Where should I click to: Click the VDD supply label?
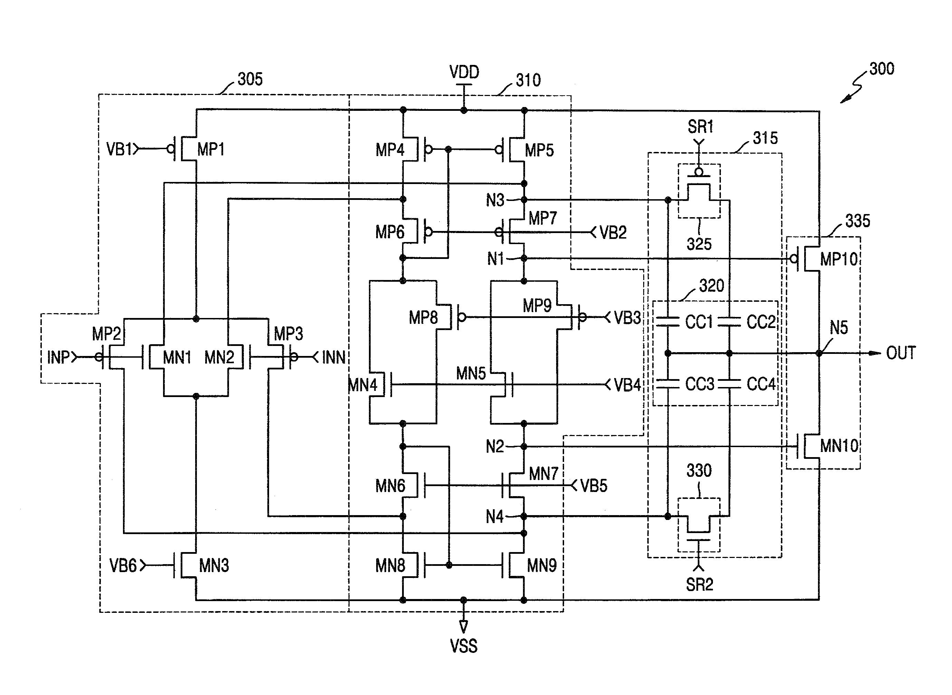(x=464, y=72)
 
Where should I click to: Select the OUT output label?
(x=901, y=353)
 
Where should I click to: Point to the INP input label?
(x=58, y=358)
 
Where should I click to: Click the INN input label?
(x=333, y=358)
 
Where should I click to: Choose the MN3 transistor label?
(x=214, y=566)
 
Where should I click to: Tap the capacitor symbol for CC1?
(x=668, y=322)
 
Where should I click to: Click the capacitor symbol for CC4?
(x=729, y=383)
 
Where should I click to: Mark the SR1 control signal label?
(x=700, y=127)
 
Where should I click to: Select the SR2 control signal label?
(x=699, y=585)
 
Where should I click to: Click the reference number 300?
(x=882, y=69)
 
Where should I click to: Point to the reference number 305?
(x=250, y=79)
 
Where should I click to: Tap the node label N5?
(x=838, y=328)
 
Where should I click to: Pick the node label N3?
(x=495, y=200)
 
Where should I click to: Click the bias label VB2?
(x=613, y=233)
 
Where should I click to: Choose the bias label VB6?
(x=123, y=566)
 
